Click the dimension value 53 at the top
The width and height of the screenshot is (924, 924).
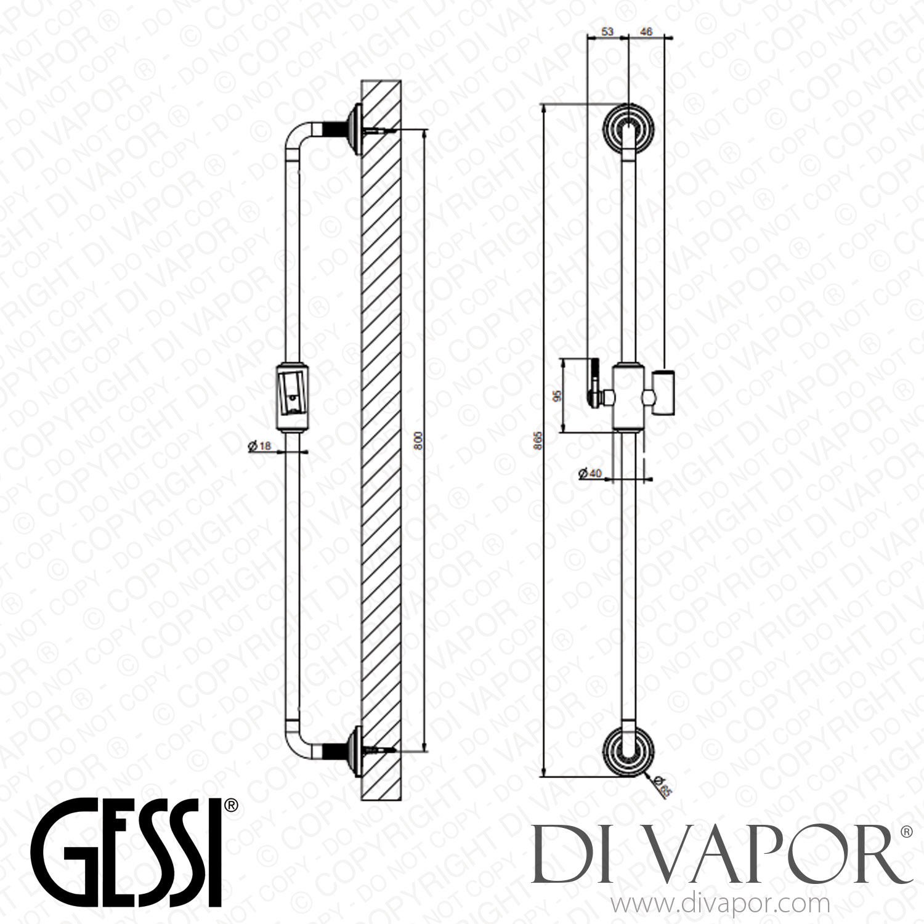[x=607, y=32]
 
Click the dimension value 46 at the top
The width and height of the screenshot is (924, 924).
[x=647, y=32]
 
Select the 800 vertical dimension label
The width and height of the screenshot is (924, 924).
[x=418, y=441]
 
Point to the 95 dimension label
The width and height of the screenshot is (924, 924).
[x=557, y=396]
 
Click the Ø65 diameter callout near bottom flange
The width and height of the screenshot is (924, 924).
[x=663, y=786]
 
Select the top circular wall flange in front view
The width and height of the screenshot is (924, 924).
[x=628, y=128]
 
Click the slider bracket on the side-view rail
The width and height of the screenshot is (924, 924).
[x=628, y=396]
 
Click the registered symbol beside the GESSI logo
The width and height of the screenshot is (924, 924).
[x=230, y=805]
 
